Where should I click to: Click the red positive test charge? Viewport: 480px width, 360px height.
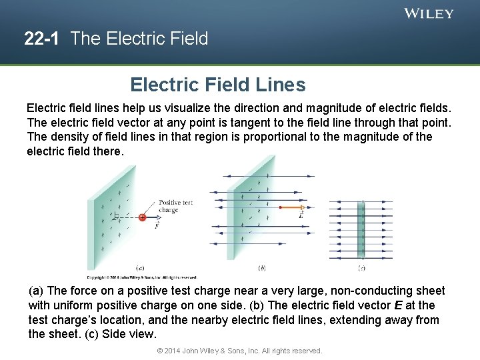click(x=142, y=217)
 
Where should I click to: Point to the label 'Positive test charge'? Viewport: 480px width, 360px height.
click(x=175, y=206)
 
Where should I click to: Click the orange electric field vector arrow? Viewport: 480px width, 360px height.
click(x=292, y=207)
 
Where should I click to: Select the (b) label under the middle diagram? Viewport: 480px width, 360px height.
click(x=262, y=268)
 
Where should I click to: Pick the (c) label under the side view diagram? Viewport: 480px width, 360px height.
click(x=361, y=268)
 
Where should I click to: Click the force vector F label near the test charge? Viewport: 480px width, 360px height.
click(x=156, y=225)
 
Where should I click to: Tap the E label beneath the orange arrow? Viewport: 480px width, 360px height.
click(x=301, y=215)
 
